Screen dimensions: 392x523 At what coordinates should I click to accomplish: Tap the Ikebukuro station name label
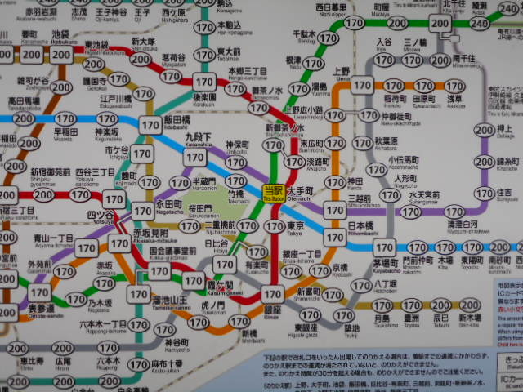click(60, 37)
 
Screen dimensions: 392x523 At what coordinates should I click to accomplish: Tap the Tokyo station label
click(295, 227)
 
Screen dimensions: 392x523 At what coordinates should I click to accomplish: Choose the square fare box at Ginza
click(273, 294)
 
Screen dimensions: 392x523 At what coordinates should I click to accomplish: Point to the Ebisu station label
click(32, 361)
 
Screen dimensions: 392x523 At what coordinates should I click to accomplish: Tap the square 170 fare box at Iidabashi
click(150, 125)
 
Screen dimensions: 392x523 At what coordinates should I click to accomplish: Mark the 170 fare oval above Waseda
click(65, 119)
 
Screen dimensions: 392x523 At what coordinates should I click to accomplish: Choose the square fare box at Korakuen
click(203, 82)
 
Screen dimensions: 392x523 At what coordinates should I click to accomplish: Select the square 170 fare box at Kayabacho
click(383, 247)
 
